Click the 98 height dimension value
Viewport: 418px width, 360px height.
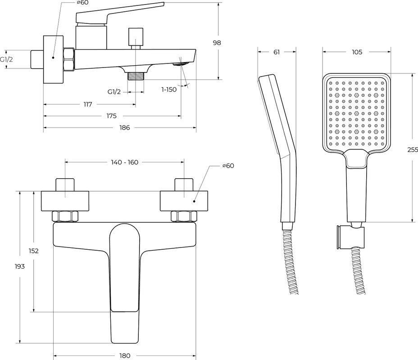(x=217, y=43)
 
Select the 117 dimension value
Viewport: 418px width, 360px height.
(x=88, y=104)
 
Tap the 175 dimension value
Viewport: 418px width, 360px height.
(x=112, y=116)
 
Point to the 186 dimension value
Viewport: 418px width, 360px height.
(x=124, y=128)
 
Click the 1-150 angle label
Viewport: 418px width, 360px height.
(x=169, y=89)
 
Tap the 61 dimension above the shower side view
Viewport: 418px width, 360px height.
(x=277, y=52)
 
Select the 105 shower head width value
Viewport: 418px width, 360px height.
(x=356, y=52)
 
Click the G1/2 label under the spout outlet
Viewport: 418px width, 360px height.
(x=114, y=92)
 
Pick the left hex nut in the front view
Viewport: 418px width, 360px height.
(x=65, y=216)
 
